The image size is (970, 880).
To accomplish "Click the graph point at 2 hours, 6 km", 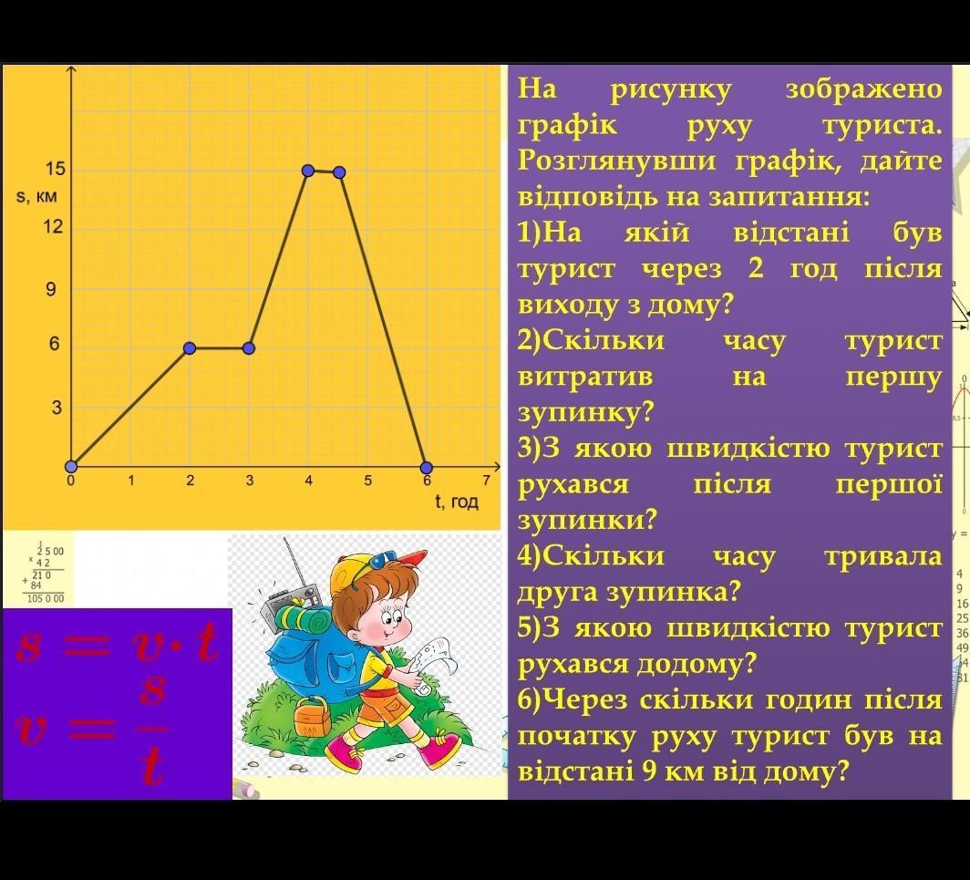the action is coord(190,348).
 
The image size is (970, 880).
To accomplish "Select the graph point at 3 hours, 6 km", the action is coord(249,348).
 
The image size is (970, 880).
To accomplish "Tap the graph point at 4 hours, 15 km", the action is coord(308,171).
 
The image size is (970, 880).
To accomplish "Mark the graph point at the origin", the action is coord(71,466).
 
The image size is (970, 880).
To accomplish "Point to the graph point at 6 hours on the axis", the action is coord(427,468).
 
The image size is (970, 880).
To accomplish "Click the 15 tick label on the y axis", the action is coord(55,169).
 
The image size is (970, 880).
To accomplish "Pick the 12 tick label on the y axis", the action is coord(53,226).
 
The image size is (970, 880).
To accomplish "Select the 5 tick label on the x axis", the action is coord(367,481).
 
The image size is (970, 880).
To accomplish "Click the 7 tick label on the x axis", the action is coord(486,481).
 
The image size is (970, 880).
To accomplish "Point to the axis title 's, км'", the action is coord(36,197).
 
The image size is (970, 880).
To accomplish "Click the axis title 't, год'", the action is coord(457,502).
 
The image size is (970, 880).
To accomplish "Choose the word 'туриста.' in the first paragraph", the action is coord(882,126).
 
